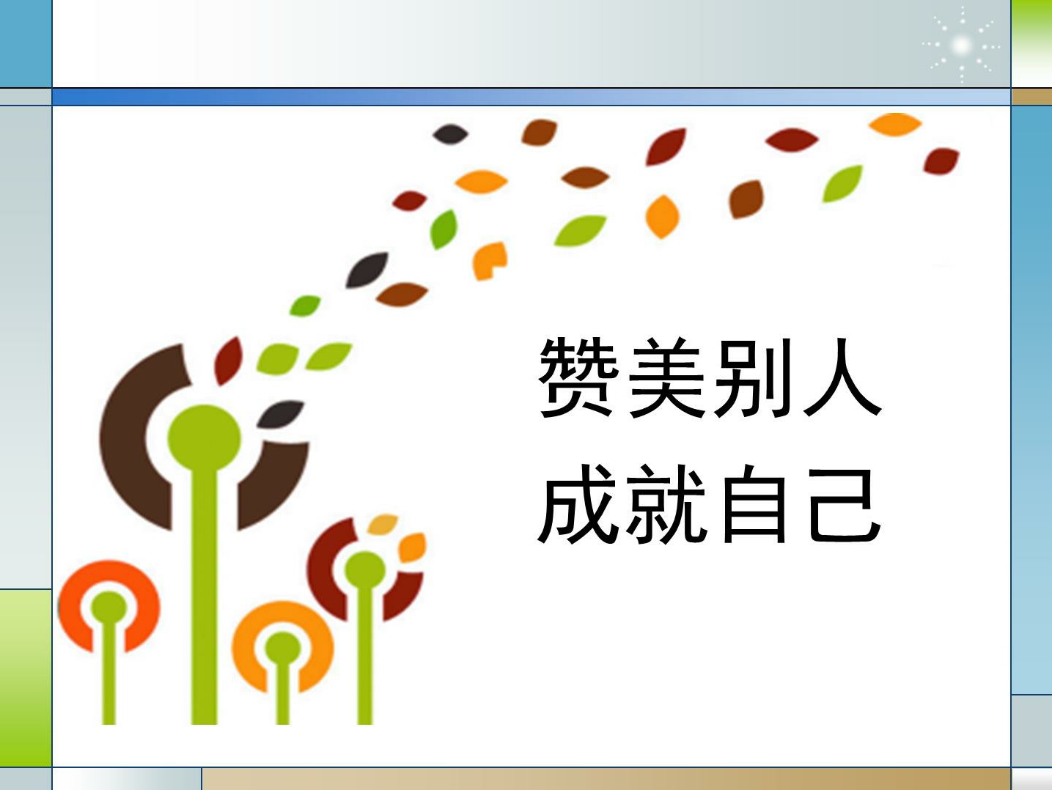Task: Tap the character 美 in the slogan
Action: coord(667,377)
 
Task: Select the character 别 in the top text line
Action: coord(752,377)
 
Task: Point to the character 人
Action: coord(842,377)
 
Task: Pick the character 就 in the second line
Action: coord(666,504)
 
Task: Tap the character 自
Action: coord(754,504)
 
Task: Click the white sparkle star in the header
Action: coord(960,45)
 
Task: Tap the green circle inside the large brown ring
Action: coord(205,439)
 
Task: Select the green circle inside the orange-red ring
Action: coord(108,608)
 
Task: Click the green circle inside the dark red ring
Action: coord(365,571)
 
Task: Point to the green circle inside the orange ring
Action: coord(283,649)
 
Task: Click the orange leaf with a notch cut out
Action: coord(489,261)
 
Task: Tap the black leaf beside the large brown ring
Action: coord(280,414)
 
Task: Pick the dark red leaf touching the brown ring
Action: coord(228,361)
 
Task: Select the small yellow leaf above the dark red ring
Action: coord(383,524)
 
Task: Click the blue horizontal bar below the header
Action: coord(531,97)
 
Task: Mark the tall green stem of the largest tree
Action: coord(205,594)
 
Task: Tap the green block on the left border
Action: coord(26,678)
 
